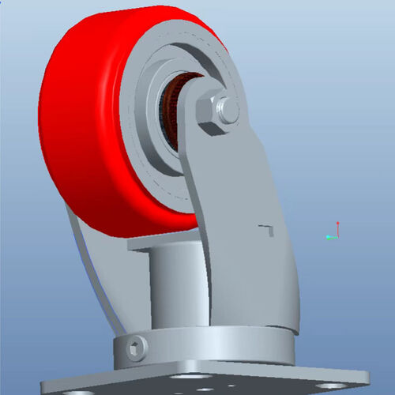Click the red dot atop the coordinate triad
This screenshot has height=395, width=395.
coord(337,223)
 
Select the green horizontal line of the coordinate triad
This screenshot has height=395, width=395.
coord(333,235)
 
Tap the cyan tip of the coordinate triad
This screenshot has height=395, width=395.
coord(326,236)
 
